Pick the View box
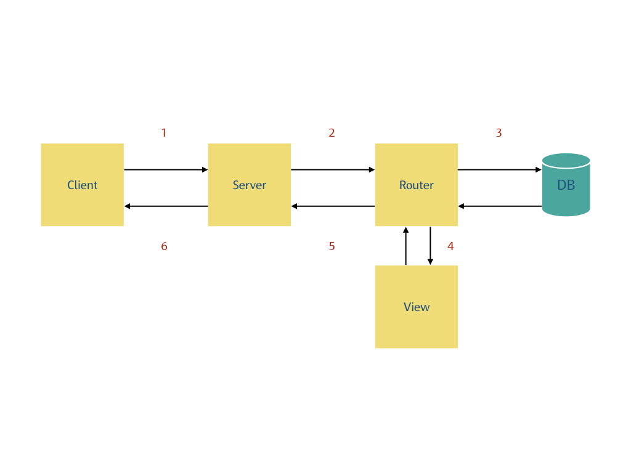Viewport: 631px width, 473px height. (x=416, y=307)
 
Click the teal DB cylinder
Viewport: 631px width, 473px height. (x=566, y=185)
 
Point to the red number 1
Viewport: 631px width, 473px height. (x=164, y=132)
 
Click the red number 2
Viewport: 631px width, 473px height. (x=332, y=132)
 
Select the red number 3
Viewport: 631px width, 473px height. (x=499, y=132)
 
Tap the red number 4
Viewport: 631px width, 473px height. (x=450, y=246)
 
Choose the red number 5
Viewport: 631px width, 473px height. (x=332, y=246)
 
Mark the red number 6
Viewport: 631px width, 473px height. (x=164, y=246)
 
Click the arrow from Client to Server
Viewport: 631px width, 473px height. (x=166, y=169)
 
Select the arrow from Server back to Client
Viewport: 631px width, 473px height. (x=166, y=206)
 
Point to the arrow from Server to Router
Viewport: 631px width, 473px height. (x=333, y=169)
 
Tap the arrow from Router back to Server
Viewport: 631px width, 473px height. (x=333, y=206)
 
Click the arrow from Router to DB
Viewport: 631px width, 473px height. (x=500, y=169)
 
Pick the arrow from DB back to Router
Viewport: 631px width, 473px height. (x=500, y=206)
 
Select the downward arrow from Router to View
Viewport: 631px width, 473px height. (x=430, y=246)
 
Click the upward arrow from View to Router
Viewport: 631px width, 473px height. (x=405, y=246)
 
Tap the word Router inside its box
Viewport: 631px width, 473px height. (x=416, y=185)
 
